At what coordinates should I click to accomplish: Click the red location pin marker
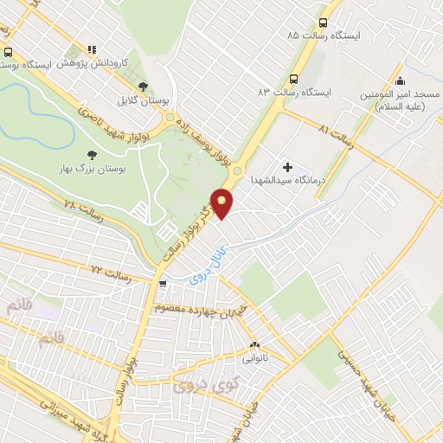pyautogui.click(x=222, y=202)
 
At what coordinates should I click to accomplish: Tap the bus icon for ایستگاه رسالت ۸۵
pyautogui.click(x=324, y=23)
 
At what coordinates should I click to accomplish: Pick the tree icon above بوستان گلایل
pyautogui.click(x=144, y=86)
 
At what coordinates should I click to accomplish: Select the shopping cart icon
pyautogui.click(x=162, y=283)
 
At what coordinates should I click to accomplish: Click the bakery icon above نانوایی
pyautogui.click(x=254, y=343)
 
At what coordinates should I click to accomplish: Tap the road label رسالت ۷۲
pyautogui.click(x=110, y=274)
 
